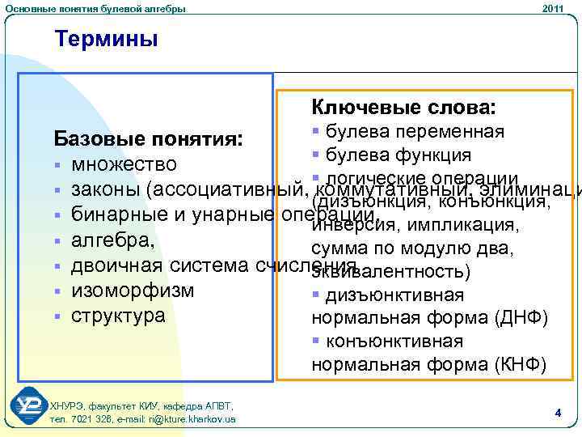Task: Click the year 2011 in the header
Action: click(x=553, y=8)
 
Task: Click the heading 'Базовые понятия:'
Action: click(x=147, y=139)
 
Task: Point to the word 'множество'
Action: click(x=124, y=165)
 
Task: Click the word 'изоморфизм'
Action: click(x=133, y=291)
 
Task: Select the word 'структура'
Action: click(x=123, y=316)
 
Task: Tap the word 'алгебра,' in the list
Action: click(x=112, y=240)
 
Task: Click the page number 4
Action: click(x=558, y=413)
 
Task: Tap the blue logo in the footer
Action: click(x=29, y=409)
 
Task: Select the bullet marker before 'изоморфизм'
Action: click(x=57, y=291)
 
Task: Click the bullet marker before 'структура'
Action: click(x=57, y=316)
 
